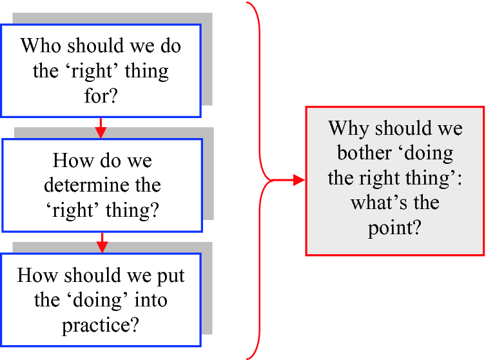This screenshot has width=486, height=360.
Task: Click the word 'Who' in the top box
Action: tap(41, 46)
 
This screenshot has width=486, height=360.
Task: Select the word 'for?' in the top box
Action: tap(101, 95)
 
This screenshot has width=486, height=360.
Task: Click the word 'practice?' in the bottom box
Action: tap(101, 326)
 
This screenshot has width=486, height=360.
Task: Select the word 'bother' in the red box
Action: tap(365, 153)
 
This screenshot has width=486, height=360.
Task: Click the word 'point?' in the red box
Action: tap(394, 229)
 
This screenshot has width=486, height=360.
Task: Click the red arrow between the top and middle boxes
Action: tap(101, 128)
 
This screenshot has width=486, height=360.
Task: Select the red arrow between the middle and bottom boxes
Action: tap(102, 243)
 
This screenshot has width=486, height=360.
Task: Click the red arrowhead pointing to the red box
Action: tap(299, 180)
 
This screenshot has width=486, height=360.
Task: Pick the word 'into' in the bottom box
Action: tap(151, 300)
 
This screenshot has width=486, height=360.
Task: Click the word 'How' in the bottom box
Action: tap(38, 275)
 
